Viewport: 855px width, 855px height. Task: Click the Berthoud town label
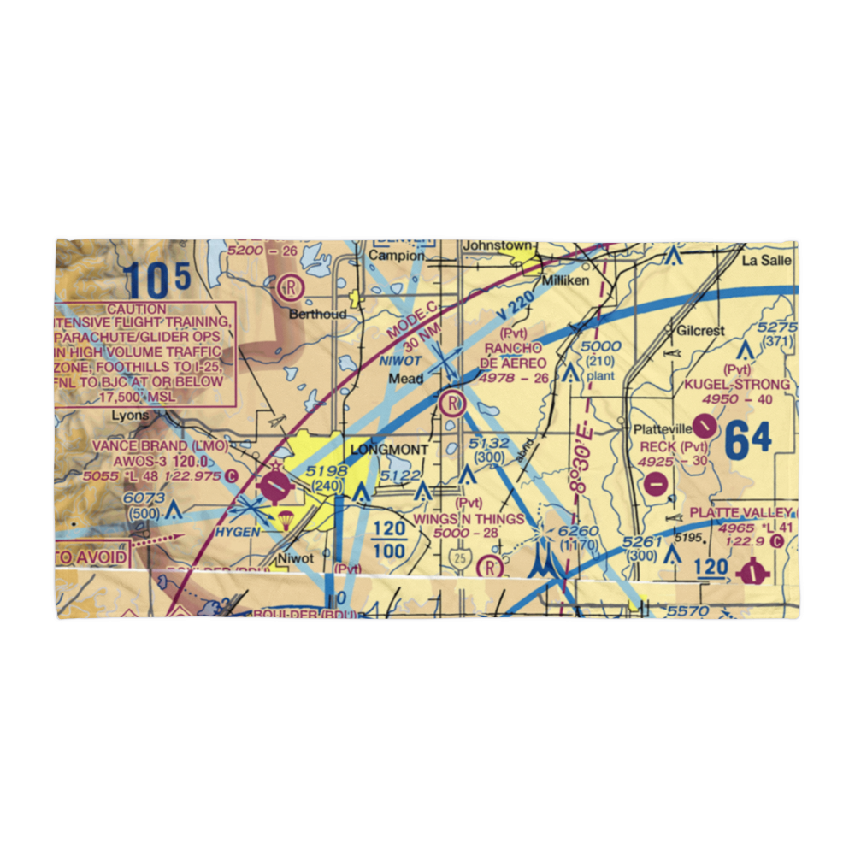click(317, 314)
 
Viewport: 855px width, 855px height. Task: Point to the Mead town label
click(405, 378)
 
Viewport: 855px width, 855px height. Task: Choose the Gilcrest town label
click(700, 331)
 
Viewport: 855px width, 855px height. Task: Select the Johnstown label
click(496, 246)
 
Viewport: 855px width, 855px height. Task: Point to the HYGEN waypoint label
click(236, 531)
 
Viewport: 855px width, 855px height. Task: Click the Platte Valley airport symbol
click(752, 572)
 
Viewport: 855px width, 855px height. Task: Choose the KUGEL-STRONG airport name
click(736, 385)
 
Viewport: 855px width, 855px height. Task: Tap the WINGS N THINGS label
click(469, 519)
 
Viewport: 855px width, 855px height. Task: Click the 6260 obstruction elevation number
click(578, 532)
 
